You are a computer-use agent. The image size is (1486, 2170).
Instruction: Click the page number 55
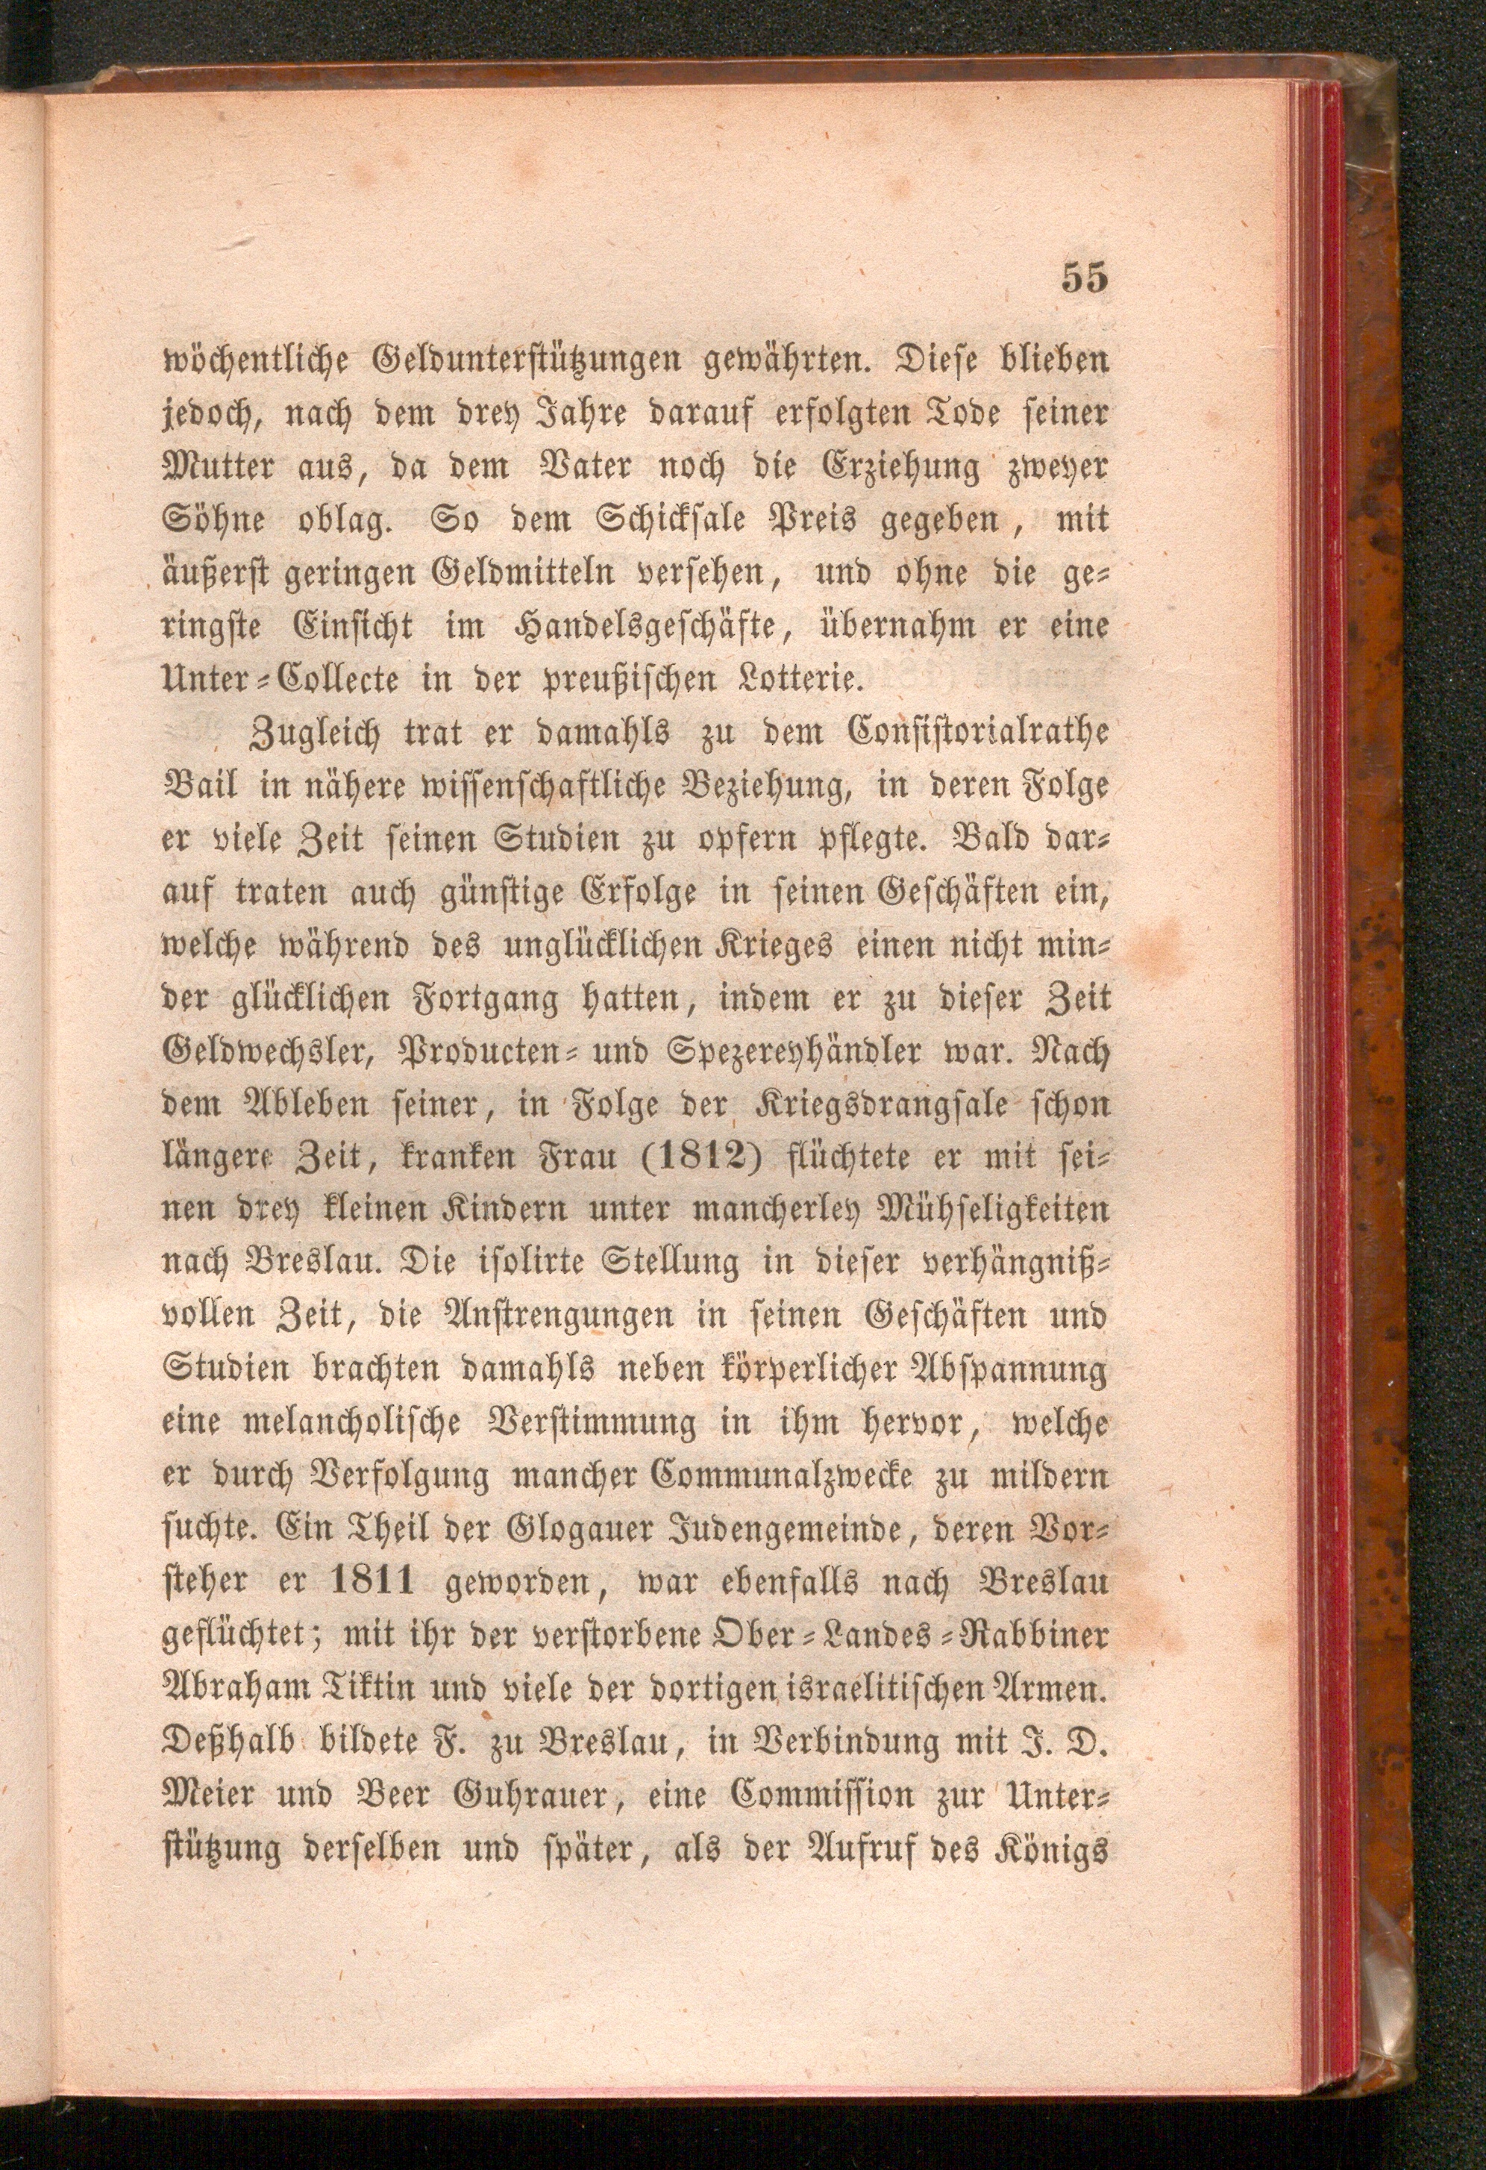coord(1082,278)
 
